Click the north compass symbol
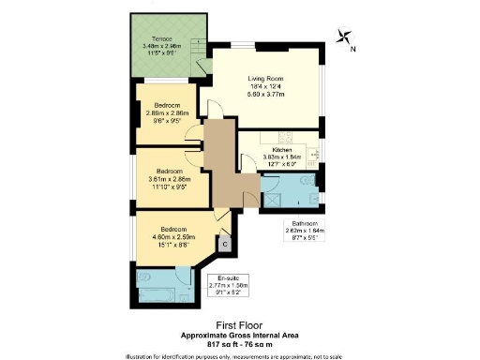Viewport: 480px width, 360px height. [x=345, y=37]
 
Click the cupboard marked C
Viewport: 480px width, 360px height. [x=224, y=243]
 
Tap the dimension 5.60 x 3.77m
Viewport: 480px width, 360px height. [x=265, y=95]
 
